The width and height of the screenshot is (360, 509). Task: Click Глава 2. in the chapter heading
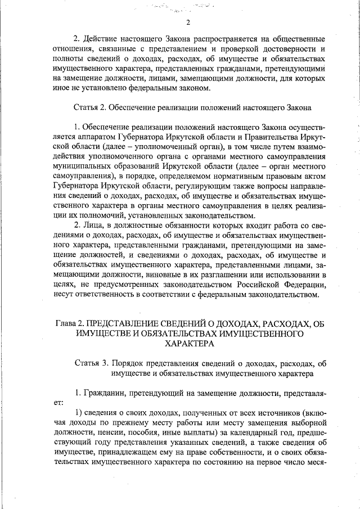pos(70,324)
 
